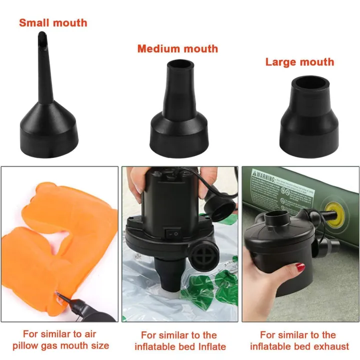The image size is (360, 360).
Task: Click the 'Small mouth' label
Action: [53, 22]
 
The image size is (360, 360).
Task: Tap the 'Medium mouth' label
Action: [177, 48]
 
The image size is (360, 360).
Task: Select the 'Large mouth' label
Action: [299, 62]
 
